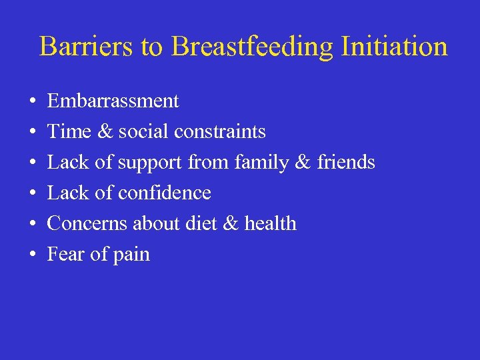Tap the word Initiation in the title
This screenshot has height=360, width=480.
coord(394,47)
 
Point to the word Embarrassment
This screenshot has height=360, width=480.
coord(113,101)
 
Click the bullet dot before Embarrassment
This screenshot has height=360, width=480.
coord(33,102)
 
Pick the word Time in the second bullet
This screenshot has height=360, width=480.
coord(64,132)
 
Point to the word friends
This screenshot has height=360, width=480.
coord(345,163)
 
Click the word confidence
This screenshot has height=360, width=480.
coord(164,193)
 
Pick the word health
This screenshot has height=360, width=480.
coord(270,224)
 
